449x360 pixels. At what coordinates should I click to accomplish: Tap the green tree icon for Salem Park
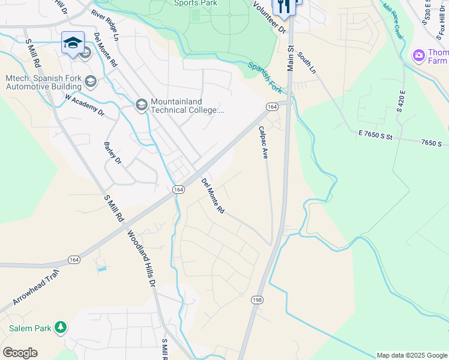pyautogui.click(x=60, y=327)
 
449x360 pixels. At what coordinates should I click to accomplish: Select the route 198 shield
pyautogui.click(x=258, y=299)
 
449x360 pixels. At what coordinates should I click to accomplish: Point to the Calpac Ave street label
pyautogui.click(x=263, y=142)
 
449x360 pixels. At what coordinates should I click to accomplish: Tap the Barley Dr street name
pyautogui.click(x=112, y=152)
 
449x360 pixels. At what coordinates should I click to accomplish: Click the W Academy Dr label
pyautogui.click(x=85, y=105)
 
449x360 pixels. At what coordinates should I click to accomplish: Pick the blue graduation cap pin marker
pyautogui.click(x=73, y=43)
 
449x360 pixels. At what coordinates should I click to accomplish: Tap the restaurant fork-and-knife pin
pyautogui.click(x=283, y=7)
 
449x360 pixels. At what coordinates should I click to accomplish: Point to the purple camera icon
pyautogui.click(x=419, y=56)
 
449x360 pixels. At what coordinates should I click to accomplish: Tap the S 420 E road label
pyautogui.click(x=401, y=102)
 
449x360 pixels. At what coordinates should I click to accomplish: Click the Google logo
pyautogui.click(x=20, y=353)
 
